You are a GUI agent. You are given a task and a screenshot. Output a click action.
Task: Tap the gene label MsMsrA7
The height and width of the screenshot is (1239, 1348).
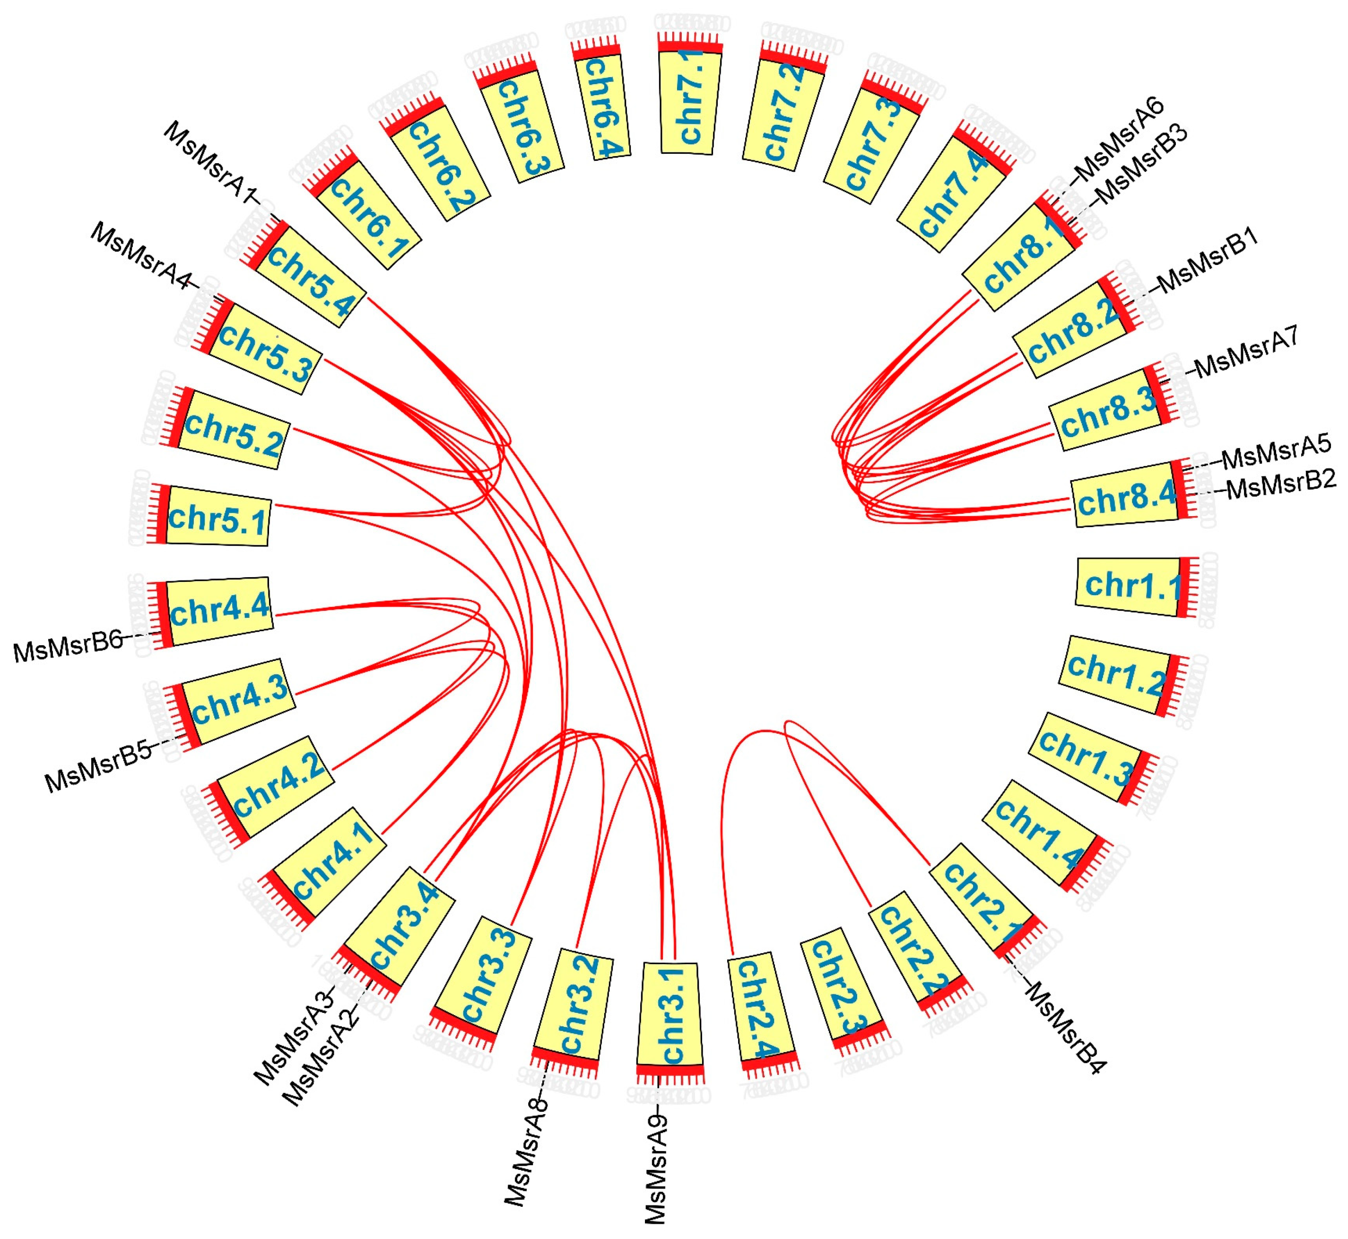(1247, 351)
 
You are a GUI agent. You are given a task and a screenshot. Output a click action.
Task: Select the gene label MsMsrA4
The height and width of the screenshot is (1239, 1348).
(141, 256)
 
